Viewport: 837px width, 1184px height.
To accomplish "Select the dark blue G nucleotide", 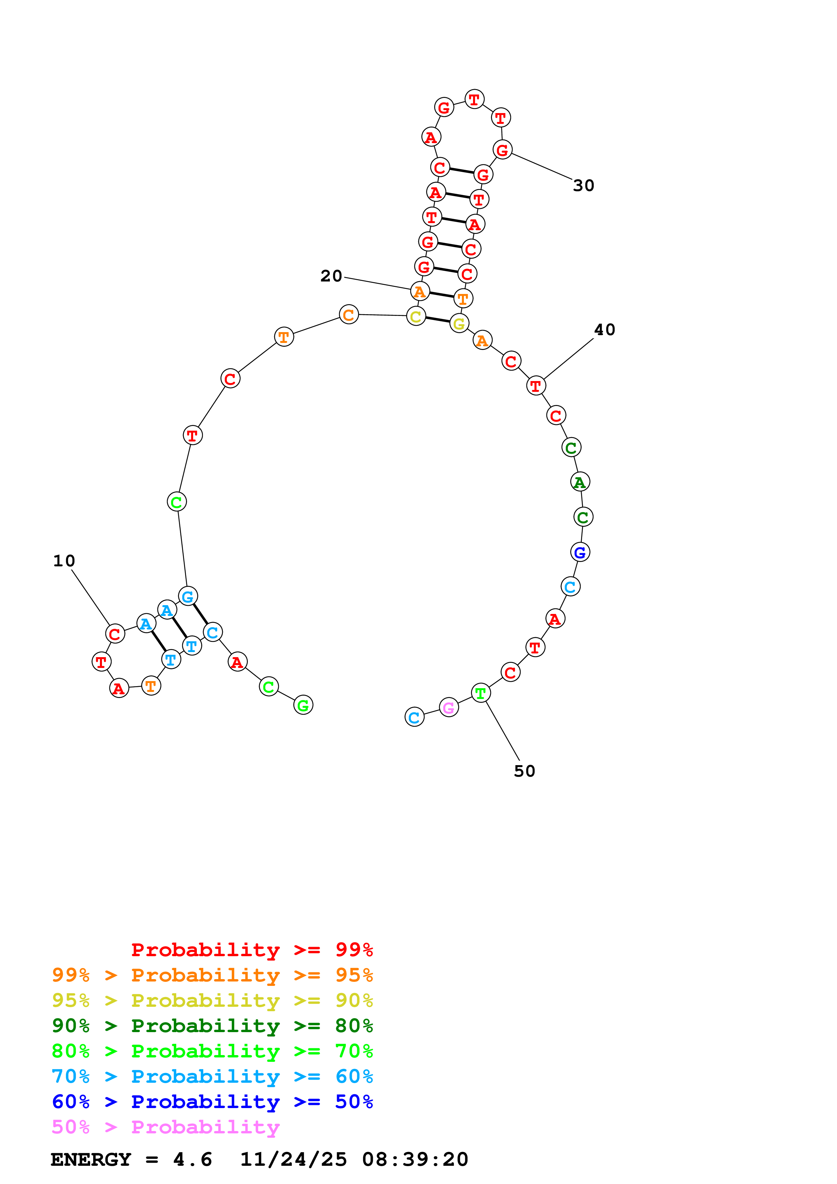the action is (x=580, y=552).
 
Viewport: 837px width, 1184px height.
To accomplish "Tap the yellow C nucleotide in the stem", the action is (x=416, y=316).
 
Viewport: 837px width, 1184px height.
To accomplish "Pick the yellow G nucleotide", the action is (x=459, y=323).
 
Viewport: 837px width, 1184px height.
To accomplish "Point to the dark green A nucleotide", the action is (x=580, y=482).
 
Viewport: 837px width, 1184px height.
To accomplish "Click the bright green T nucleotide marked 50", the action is (x=481, y=694).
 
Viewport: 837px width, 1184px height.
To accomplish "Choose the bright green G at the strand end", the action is (x=303, y=705).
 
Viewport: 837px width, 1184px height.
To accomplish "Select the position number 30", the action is (x=584, y=185).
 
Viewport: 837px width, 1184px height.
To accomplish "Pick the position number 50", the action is (x=524, y=771).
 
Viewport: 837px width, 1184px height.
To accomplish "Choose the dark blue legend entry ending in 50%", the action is (x=212, y=1102).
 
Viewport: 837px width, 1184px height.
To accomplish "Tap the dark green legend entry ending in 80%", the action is (x=212, y=1026).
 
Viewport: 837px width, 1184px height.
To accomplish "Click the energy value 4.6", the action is (x=192, y=1159).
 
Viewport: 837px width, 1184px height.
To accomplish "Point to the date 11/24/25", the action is (x=293, y=1159).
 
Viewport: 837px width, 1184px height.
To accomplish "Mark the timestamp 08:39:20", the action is (x=415, y=1159).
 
